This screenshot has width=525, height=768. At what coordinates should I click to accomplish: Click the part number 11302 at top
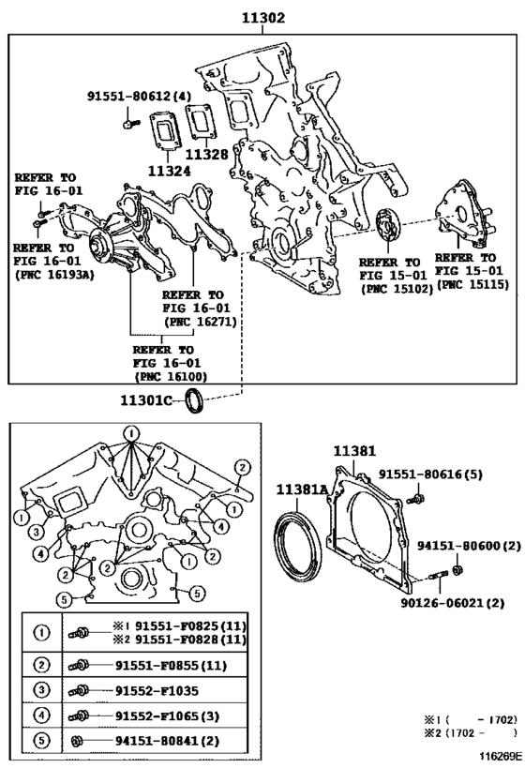pyautogui.click(x=262, y=17)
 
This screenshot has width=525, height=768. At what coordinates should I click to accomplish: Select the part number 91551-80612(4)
pyautogui.click(x=139, y=96)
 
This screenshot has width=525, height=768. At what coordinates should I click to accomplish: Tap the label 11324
pyautogui.click(x=166, y=172)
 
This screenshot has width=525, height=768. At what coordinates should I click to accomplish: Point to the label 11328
pyautogui.click(x=206, y=155)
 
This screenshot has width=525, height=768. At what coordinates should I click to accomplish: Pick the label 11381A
pyautogui.click(x=301, y=488)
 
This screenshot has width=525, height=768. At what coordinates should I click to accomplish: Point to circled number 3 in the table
pyautogui.click(x=41, y=690)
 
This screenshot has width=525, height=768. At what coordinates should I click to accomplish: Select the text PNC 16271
pyautogui.click(x=200, y=321)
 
